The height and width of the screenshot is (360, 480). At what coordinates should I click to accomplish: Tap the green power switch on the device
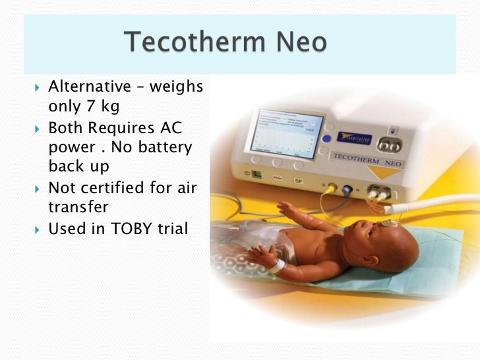[x=256, y=175]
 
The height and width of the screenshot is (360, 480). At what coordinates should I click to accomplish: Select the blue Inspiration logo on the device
[x=354, y=138]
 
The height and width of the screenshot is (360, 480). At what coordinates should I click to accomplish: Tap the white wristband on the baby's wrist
[x=275, y=265]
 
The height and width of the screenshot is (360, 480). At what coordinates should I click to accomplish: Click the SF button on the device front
[x=297, y=180]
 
